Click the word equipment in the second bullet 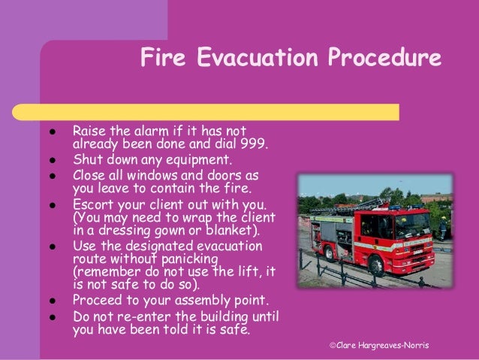click(x=201, y=159)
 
